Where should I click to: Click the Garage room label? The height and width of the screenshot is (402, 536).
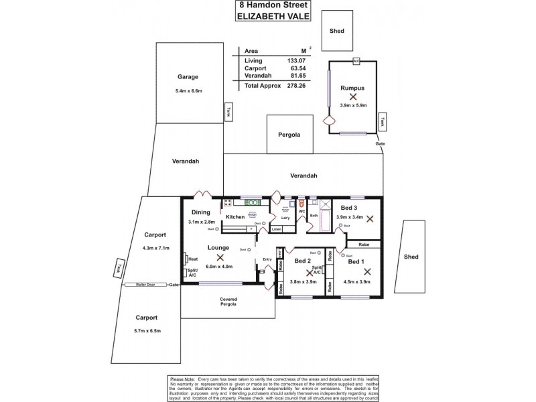[x=188, y=77]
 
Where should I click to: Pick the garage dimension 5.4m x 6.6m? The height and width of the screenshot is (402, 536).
[x=188, y=90]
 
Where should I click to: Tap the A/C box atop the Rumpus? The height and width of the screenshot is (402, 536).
[x=356, y=61]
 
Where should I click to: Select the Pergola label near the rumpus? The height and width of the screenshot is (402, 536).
[x=289, y=135]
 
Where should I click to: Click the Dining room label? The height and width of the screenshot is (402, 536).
[x=200, y=212]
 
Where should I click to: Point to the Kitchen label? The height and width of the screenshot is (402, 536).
[x=235, y=217]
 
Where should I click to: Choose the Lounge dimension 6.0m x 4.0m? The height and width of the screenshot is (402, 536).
[x=219, y=266]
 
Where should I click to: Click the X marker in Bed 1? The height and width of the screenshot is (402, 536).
[x=366, y=271]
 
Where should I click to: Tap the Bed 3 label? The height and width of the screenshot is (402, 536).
[x=349, y=208]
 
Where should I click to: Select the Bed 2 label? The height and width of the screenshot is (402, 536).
[x=303, y=261]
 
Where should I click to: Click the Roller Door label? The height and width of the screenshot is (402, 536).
[x=147, y=285]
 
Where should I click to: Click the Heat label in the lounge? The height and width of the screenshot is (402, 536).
[x=193, y=259]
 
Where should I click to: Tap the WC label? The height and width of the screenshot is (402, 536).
[x=302, y=212]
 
